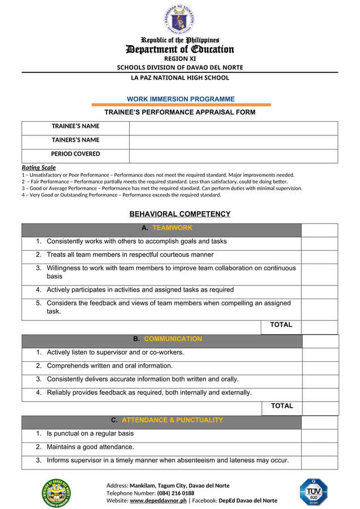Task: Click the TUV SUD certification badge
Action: click(313, 492)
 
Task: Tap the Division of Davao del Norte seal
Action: click(56, 492)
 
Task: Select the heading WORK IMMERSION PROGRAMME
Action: click(181, 99)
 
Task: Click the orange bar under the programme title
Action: click(181, 105)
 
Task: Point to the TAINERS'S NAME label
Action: click(76, 140)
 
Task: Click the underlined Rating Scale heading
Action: click(38, 168)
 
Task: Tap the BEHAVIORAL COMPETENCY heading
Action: click(180, 214)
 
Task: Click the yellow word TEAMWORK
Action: click(172, 228)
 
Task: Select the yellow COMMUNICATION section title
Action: click(173, 339)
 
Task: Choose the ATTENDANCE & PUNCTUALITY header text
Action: click(172, 420)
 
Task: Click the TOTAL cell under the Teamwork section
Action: click(281, 325)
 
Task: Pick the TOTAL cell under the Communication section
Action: click(282, 406)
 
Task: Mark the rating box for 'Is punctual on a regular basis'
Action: click(319, 434)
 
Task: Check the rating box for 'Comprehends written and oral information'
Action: click(320, 366)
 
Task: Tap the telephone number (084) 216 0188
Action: click(175, 493)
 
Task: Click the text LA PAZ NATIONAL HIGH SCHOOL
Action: click(180, 78)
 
